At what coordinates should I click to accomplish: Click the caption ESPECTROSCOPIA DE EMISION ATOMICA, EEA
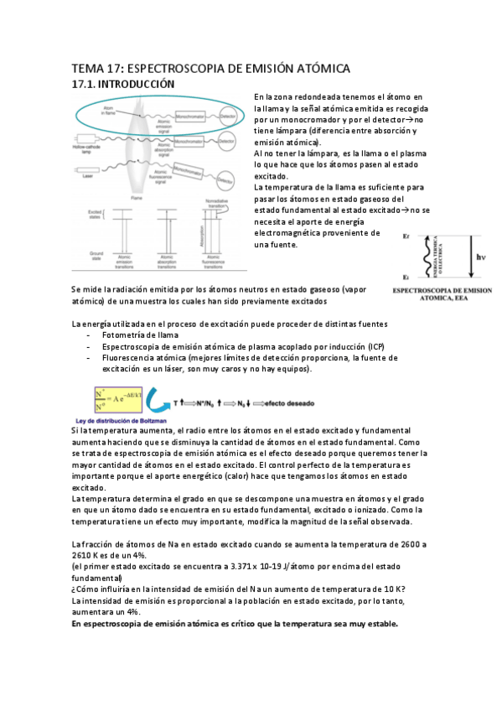[443, 293]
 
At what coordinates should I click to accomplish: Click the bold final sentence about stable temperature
[235, 624]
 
